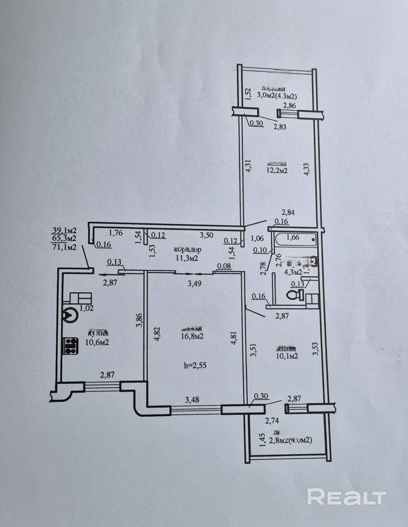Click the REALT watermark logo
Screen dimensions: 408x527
[x=347, y=497]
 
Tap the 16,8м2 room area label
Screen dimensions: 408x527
[x=192, y=336]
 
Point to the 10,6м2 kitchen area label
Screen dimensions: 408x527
[x=97, y=342]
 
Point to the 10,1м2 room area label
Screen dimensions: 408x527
[x=287, y=356]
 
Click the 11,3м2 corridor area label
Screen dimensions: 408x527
[x=186, y=258]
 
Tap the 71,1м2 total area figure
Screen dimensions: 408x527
[x=64, y=247]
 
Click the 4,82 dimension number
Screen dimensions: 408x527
[x=157, y=334]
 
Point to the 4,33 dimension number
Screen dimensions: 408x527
[x=307, y=169]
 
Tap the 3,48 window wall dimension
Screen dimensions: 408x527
[x=192, y=400]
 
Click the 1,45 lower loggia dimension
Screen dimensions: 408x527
[x=263, y=440]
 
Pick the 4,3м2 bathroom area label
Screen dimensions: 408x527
[x=293, y=272]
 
